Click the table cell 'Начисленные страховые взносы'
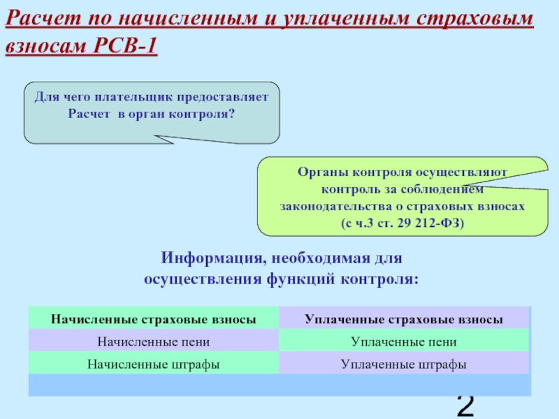(x=153, y=319)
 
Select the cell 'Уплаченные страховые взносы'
(x=404, y=319)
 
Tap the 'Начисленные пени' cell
(x=153, y=341)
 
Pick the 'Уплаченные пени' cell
(x=404, y=341)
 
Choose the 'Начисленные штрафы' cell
(x=153, y=364)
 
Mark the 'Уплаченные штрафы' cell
(x=404, y=364)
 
